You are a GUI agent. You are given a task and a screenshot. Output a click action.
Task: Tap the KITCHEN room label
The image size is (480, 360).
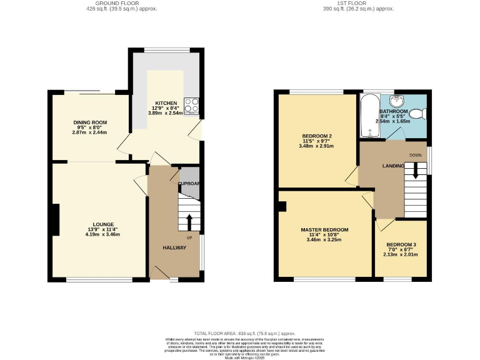click(x=166, y=103)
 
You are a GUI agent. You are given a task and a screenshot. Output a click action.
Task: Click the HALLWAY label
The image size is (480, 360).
click(x=175, y=248)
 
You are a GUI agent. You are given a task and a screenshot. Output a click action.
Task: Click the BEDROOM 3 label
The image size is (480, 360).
click(x=401, y=244)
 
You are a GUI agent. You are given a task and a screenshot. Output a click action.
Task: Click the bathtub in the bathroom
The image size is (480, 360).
click(x=369, y=117)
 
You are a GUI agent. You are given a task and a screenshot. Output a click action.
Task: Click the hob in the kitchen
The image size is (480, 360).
click(x=192, y=105)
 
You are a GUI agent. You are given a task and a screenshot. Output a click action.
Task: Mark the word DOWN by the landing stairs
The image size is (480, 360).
click(x=416, y=155)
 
